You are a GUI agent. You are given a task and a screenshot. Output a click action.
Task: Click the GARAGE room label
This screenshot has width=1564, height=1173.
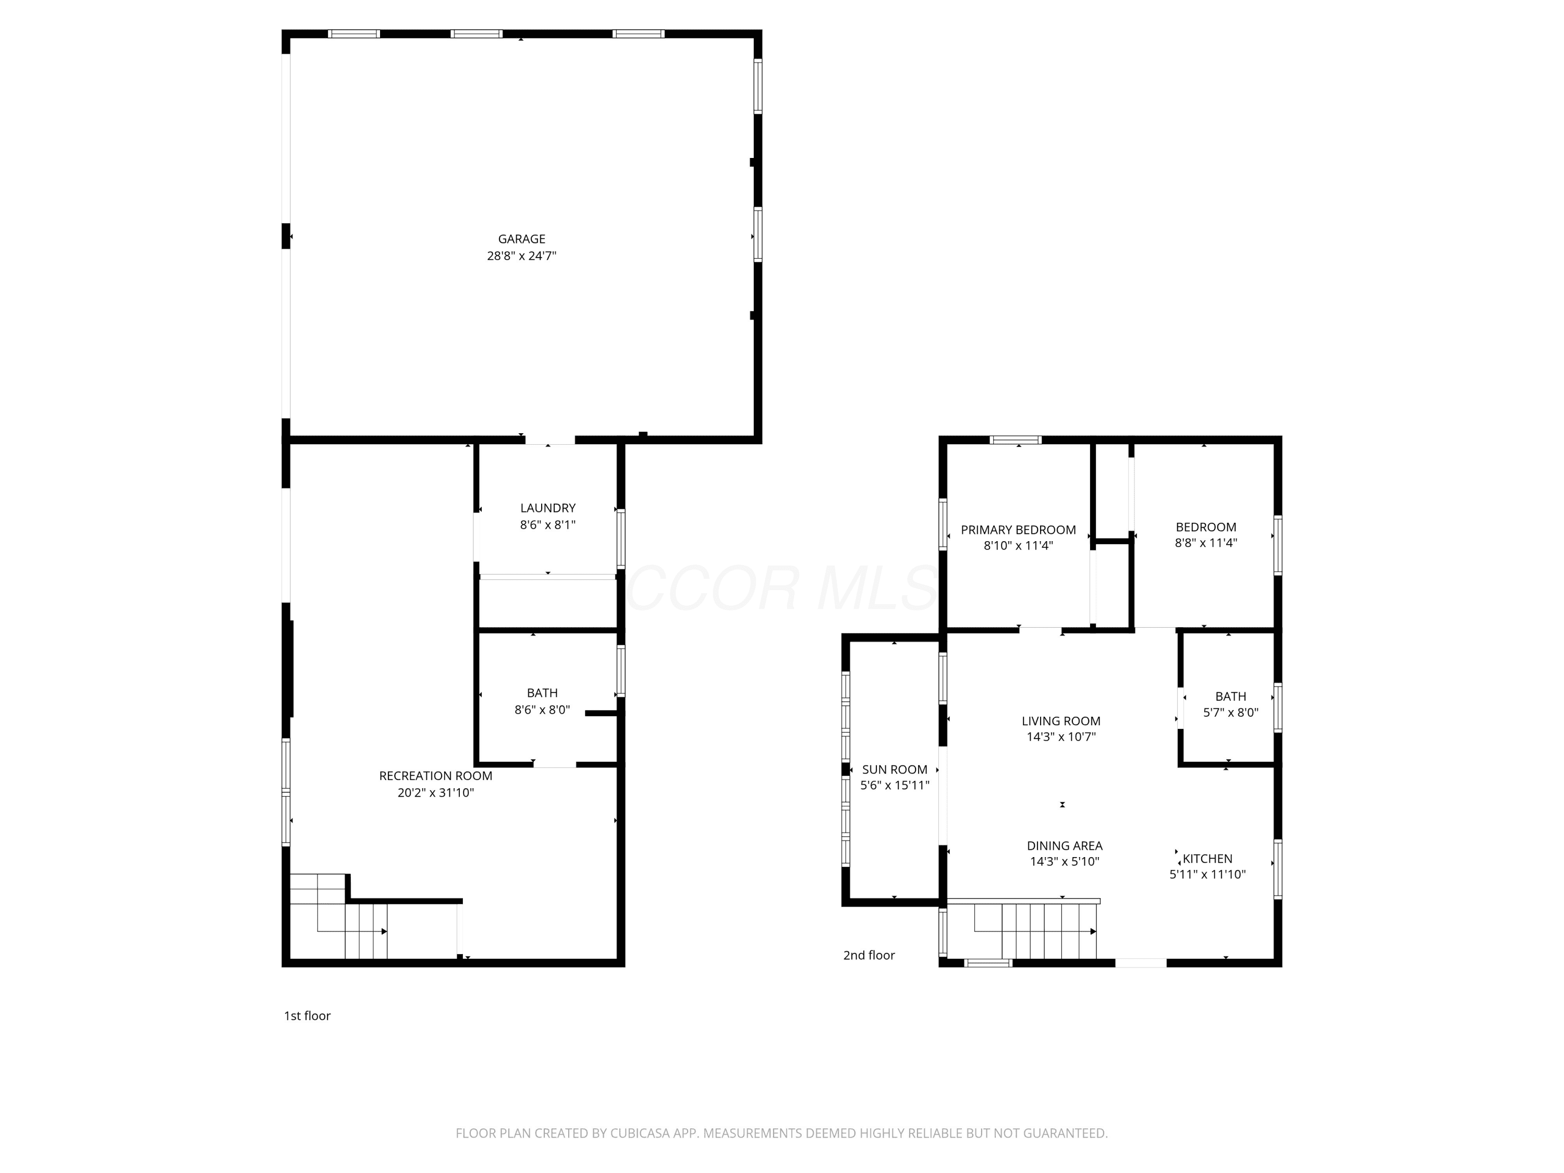tap(521, 239)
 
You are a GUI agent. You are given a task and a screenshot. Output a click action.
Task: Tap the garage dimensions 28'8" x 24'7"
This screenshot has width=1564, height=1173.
tap(521, 256)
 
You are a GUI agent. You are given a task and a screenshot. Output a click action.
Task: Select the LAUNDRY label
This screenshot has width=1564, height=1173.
tap(547, 508)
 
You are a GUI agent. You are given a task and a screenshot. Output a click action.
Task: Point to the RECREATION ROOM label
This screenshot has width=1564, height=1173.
tap(435, 776)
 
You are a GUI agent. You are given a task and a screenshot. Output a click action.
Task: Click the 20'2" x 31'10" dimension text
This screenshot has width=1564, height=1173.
tap(435, 792)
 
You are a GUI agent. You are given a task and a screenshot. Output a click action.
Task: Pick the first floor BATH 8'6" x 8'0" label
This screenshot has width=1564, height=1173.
tap(542, 701)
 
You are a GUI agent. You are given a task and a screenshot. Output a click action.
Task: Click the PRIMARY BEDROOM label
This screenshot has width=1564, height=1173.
tap(1018, 530)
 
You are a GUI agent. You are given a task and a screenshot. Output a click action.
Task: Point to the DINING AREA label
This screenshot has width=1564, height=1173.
tap(1064, 846)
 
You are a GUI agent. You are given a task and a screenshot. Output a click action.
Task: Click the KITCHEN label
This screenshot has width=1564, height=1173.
tap(1207, 858)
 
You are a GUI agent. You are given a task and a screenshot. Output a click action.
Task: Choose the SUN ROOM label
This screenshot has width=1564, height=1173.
tap(895, 769)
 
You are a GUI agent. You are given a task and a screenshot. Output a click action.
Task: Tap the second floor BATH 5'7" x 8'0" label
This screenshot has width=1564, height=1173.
tap(1230, 704)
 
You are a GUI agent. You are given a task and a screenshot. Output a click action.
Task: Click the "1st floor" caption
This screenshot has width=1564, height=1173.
tap(307, 1016)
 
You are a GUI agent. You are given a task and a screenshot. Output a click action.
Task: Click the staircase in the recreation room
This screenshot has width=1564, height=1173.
tap(339, 917)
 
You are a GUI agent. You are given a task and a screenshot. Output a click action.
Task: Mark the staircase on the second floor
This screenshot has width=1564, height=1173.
tap(1022, 930)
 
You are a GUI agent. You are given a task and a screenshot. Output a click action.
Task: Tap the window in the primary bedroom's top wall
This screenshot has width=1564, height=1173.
tap(1016, 440)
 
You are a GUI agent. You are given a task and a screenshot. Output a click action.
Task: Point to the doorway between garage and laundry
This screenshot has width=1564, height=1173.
tap(549, 440)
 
